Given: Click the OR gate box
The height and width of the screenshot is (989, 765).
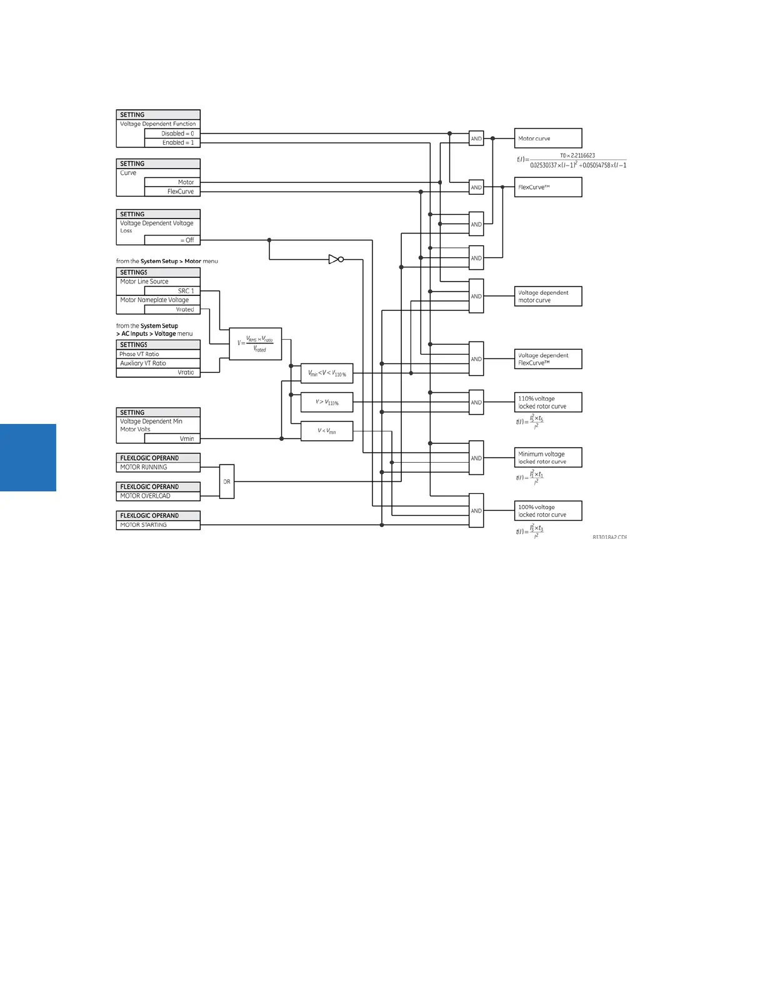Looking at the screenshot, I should click(x=227, y=481).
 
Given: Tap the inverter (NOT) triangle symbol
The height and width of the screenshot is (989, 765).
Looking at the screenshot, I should click(x=335, y=259).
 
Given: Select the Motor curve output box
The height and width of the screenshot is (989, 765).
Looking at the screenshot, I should click(x=547, y=138).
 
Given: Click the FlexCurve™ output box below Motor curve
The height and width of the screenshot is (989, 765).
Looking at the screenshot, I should click(x=547, y=187).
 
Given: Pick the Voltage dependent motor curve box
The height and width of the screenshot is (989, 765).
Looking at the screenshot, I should click(x=547, y=297).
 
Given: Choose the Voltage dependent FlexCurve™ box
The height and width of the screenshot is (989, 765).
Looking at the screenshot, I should click(x=547, y=359).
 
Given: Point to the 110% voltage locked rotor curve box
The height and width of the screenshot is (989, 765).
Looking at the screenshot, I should click(x=547, y=402).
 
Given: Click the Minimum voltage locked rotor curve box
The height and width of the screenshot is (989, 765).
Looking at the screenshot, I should click(x=547, y=458).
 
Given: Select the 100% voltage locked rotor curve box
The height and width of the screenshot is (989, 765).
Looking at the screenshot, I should click(x=547, y=511).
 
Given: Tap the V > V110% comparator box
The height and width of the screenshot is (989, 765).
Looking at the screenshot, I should click(x=327, y=402).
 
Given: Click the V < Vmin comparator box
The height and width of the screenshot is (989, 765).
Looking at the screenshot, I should click(x=327, y=431).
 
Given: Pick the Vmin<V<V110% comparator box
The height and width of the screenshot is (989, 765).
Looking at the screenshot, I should click(x=327, y=373).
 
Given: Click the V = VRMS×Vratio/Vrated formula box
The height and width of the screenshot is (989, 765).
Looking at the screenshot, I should click(x=255, y=343).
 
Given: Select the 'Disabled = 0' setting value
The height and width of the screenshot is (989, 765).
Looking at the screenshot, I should click(x=172, y=134).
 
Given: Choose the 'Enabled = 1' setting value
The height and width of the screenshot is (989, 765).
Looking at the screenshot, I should click(x=172, y=143).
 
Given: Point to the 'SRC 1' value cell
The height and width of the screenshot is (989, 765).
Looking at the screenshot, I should click(x=172, y=291).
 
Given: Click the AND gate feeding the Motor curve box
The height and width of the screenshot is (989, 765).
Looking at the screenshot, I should click(x=476, y=138).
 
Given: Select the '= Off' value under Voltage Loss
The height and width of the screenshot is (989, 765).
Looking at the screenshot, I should click(x=172, y=240).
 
